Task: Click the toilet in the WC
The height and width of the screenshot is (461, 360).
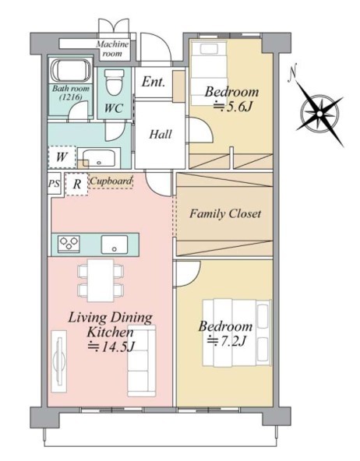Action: pyautogui.click(x=114, y=82)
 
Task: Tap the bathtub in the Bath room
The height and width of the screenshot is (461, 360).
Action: pyautogui.click(x=71, y=71)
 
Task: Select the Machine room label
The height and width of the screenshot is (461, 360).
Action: pyautogui.click(x=112, y=49)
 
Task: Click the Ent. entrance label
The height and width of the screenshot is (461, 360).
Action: pyautogui.click(x=153, y=82)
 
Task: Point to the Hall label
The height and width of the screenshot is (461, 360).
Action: pyautogui.click(x=161, y=135)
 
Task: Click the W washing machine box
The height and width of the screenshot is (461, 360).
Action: pyautogui.click(x=62, y=157)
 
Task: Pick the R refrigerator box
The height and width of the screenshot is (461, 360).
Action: pyautogui.click(x=77, y=184)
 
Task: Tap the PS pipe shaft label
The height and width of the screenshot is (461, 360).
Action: pyautogui.click(x=54, y=184)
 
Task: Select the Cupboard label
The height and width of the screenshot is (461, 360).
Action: pyautogui.click(x=111, y=181)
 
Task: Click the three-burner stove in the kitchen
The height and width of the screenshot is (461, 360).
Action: pyautogui.click(x=69, y=244)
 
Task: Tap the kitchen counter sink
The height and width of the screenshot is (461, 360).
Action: pyautogui.click(x=115, y=245)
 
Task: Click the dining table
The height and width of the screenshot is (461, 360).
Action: pyautogui.click(x=101, y=280)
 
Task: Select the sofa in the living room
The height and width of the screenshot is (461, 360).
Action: pyautogui.click(x=142, y=361)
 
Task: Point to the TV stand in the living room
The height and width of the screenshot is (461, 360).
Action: pyautogui.click(x=58, y=361)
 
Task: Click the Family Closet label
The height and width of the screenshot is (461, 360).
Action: pyautogui.click(x=225, y=213)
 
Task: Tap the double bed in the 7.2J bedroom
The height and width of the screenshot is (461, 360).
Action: pyautogui.click(x=237, y=333)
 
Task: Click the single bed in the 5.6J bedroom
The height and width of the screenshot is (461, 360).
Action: pyautogui.click(x=209, y=73)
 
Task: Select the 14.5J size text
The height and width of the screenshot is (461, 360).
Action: pyautogui.click(x=111, y=347)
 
